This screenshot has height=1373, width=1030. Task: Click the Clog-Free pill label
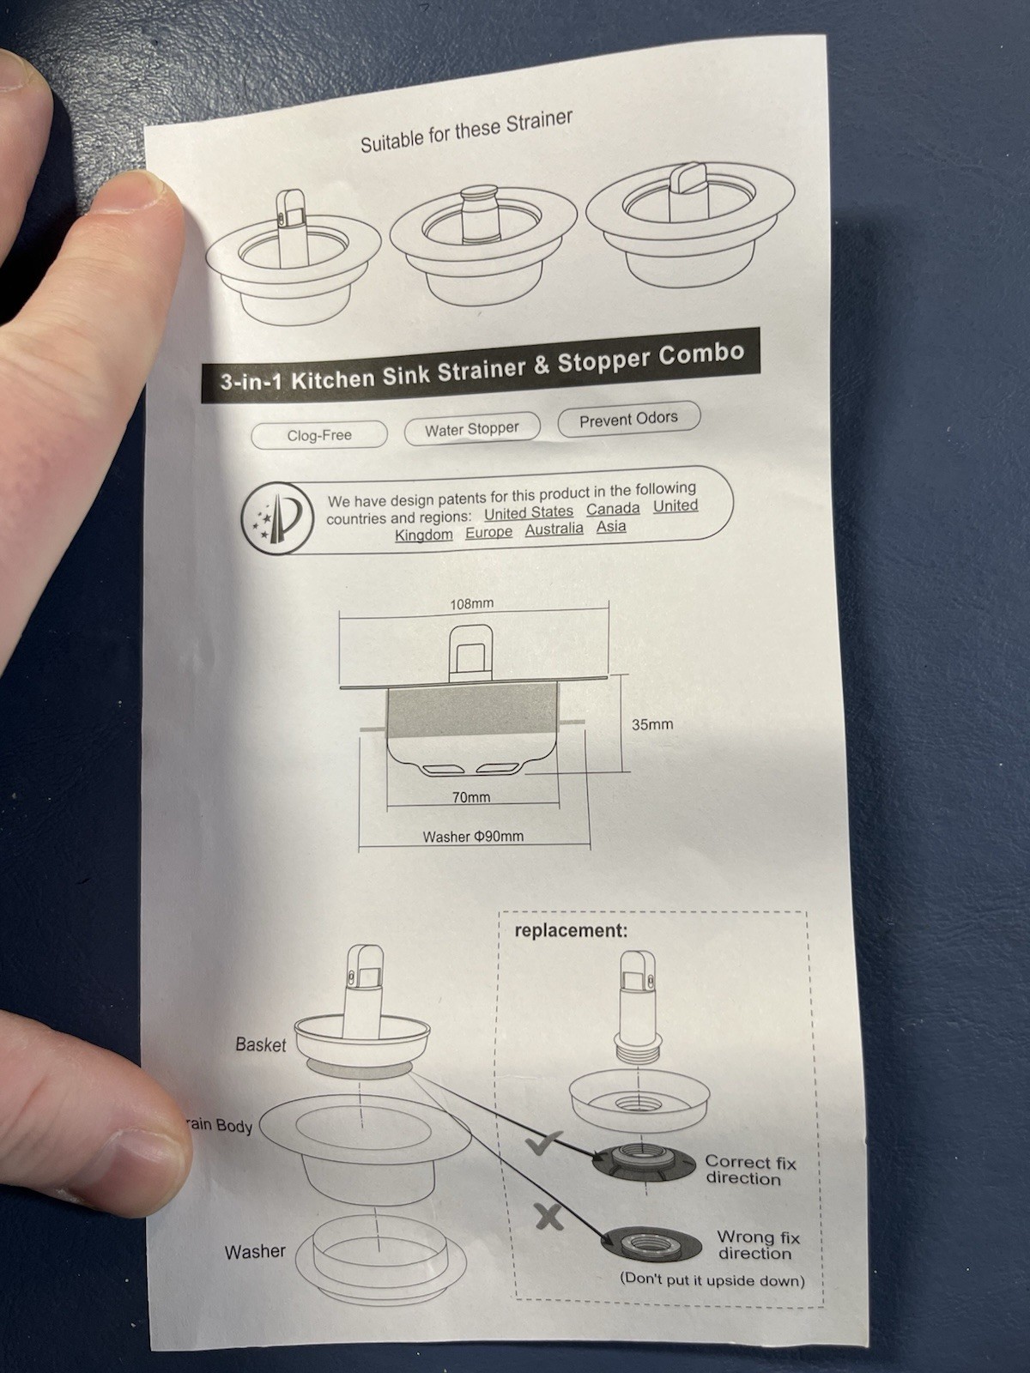click(x=319, y=435)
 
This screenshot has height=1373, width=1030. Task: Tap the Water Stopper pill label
click(x=472, y=428)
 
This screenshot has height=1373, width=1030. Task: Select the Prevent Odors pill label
click(x=628, y=419)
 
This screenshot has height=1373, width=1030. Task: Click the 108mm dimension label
click(x=472, y=603)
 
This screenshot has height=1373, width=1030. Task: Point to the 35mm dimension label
click(x=652, y=724)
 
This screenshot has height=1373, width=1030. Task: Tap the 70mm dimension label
click(x=471, y=797)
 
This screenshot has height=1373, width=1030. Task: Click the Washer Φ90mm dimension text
click(x=473, y=836)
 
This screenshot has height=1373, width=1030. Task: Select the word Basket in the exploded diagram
click(x=261, y=1044)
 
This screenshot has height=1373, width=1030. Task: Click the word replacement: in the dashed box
click(x=571, y=930)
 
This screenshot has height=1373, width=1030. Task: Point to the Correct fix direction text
click(x=749, y=1170)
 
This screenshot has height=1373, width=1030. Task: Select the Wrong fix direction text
click(x=757, y=1245)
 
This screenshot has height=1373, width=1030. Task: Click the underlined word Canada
click(x=613, y=508)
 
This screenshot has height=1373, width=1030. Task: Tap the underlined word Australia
click(x=554, y=529)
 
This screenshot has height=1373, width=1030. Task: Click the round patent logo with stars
click(x=277, y=517)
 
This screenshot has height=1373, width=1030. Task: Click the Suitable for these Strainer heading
click(x=466, y=131)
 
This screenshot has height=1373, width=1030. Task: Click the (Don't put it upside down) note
click(x=712, y=1280)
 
